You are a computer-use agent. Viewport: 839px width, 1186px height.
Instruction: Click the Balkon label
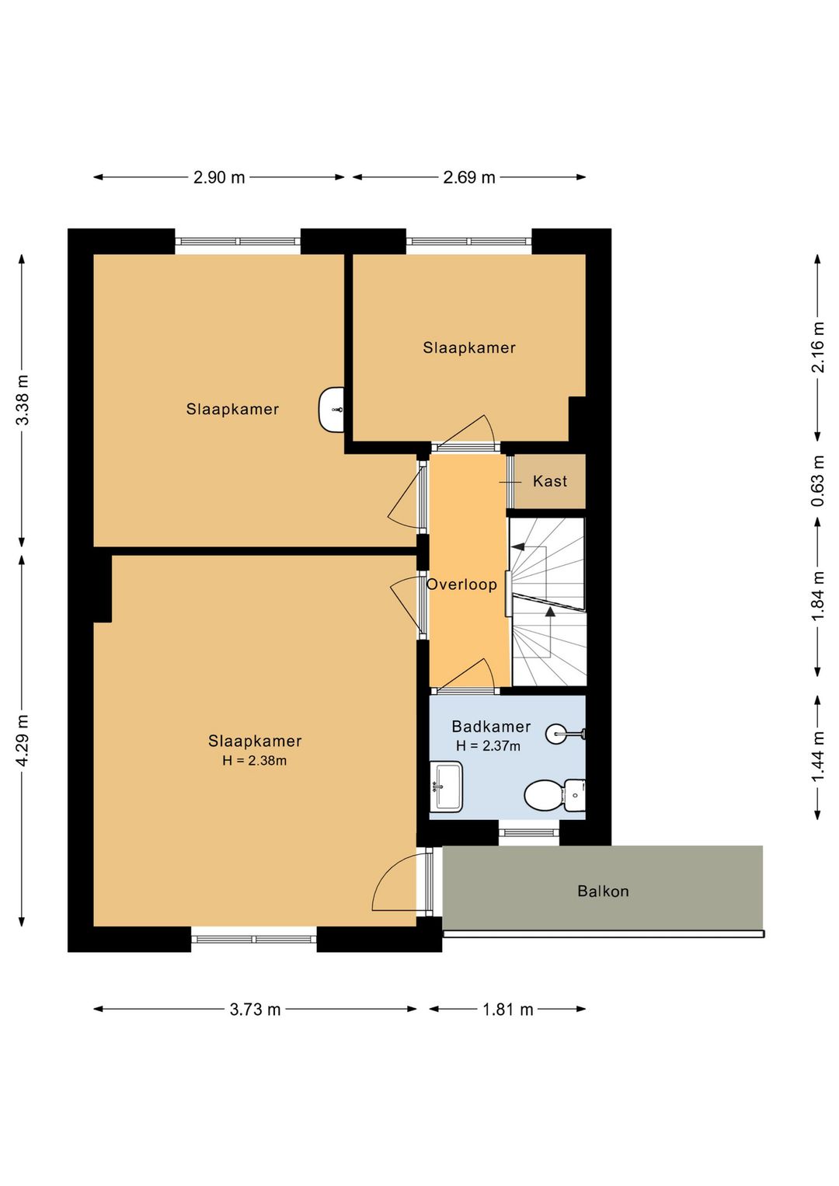(x=603, y=891)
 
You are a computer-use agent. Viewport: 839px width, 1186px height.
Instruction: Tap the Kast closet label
(x=550, y=481)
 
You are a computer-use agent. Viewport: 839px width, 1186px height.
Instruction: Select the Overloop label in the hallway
(x=461, y=584)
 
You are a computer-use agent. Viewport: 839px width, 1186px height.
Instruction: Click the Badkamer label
(x=491, y=726)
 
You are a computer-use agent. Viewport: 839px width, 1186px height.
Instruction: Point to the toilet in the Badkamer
(x=554, y=795)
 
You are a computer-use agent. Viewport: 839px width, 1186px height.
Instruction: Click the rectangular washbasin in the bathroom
(x=446, y=787)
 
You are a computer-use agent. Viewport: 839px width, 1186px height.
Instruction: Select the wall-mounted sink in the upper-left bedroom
(x=332, y=410)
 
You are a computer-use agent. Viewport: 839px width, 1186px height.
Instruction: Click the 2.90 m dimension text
(x=219, y=177)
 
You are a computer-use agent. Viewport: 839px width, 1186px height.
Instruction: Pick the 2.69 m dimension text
(x=469, y=177)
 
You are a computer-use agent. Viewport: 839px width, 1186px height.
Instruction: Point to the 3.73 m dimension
(x=255, y=1010)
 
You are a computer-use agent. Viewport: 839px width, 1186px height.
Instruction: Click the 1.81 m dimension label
(x=507, y=1010)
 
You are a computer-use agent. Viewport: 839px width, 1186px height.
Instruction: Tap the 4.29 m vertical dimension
(x=23, y=740)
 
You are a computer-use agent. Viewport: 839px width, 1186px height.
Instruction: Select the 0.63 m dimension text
(x=818, y=481)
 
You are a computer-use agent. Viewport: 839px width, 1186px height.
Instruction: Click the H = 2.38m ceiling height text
(x=255, y=761)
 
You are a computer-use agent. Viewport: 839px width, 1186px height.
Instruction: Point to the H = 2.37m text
(x=488, y=746)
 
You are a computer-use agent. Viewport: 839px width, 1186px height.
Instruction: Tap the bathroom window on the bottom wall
(x=529, y=833)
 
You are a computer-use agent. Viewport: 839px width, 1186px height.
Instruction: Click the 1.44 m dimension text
(x=818, y=755)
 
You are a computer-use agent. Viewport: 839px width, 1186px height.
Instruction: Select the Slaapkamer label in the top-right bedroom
(x=469, y=348)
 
